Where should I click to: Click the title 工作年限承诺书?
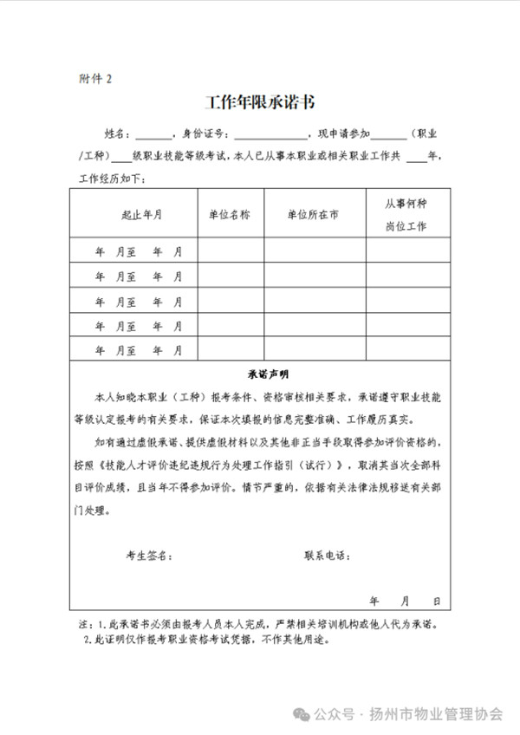click(259, 102)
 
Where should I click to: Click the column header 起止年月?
click(141, 214)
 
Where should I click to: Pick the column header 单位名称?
click(231, 214)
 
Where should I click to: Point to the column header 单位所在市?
click(314, 214)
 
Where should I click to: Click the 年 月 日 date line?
click(406, 600)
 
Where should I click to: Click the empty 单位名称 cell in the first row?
click(231, 251)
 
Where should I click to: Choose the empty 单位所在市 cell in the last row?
click(314, 350)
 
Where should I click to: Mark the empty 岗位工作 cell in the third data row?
click(406, 301)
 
